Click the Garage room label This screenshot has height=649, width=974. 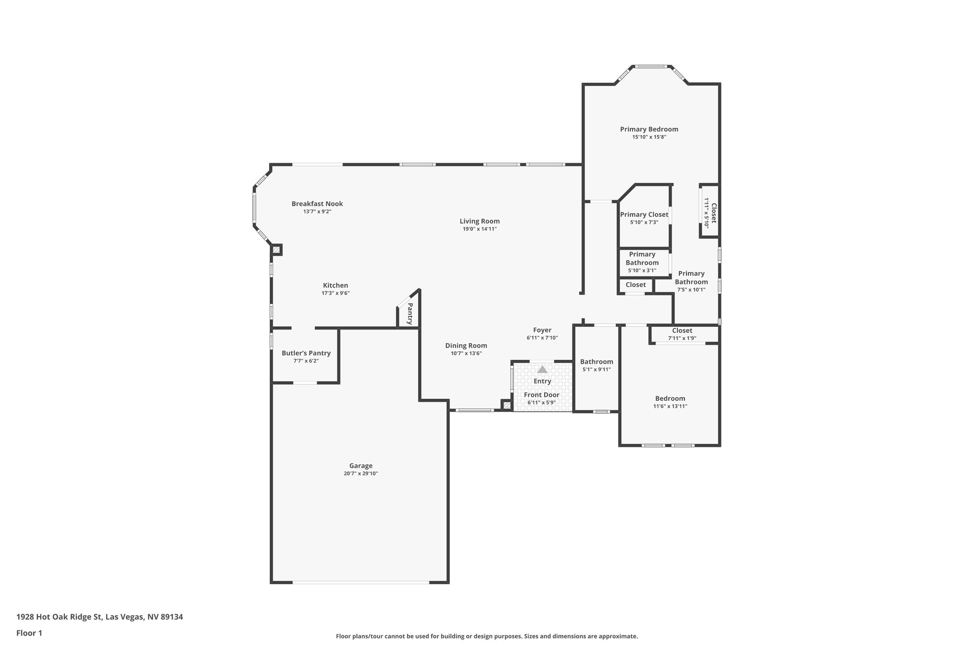coord(360,466)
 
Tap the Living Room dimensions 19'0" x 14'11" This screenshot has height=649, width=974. coord(479,229)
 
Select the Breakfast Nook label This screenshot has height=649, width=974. coord(317,204)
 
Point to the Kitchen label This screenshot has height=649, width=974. coord(335,285)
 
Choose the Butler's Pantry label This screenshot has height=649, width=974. coord(306,353)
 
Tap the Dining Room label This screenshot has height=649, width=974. coord(466,346)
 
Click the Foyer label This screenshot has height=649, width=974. coord(542,330)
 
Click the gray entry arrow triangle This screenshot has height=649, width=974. coord(542,369)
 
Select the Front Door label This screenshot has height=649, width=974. coord(542,395)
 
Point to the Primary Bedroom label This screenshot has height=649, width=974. coord(649,129)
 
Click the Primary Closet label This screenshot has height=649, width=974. coord(644,214)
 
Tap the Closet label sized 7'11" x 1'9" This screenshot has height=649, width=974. coord(682,330)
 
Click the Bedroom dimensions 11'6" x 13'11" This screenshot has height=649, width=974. coord(670,407)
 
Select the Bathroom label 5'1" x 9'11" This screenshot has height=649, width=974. coord(596,362)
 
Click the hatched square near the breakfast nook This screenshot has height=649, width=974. coord(276,250)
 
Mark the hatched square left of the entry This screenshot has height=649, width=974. coord(506,406)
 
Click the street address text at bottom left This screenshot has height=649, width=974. coord(100,617)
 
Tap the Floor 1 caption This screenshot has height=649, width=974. coord(29,633)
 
